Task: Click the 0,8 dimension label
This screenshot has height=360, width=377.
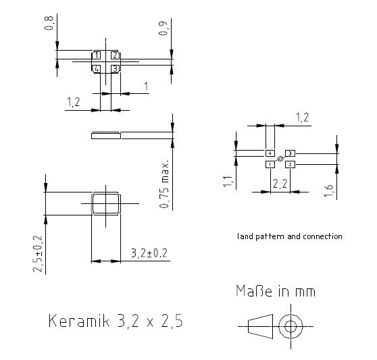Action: (x=49, y=23)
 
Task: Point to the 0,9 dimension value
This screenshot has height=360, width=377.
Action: (x=163, y=28)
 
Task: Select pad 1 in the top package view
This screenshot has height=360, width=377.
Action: (x=96, y=55)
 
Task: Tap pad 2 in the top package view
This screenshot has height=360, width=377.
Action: (x=115, y=55)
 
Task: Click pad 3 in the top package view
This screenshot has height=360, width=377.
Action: (x=115, y=69)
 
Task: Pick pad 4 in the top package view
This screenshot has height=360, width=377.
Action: (x=96, y=69)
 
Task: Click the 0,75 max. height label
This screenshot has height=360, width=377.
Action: (x=164, y=183)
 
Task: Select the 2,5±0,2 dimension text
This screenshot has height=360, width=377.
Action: (x=38, y=254)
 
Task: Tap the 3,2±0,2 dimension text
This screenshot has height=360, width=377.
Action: (x=149, y=253)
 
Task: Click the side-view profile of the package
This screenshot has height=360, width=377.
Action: (x=106, y=135)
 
